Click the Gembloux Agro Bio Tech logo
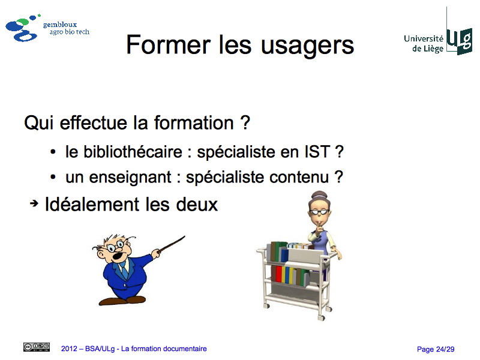(x=47, y=28)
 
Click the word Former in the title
(x=169, y=45)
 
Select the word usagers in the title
(x=307, y=47)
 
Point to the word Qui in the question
(x=38, y=123)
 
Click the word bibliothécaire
(x=133, y=152)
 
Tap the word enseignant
(x=130, y=178)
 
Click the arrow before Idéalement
(x=34, y=203)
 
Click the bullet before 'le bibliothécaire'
(x=53, y=152)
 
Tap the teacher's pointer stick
(x=172, y=244)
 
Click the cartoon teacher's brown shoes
(x=122, y=301)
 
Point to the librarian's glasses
(x=319, y=212)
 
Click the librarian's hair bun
(x=319, y=194)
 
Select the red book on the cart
(x=278, y=274)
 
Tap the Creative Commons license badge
(x=37, y=347)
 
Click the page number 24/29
(x=445, y=349)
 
